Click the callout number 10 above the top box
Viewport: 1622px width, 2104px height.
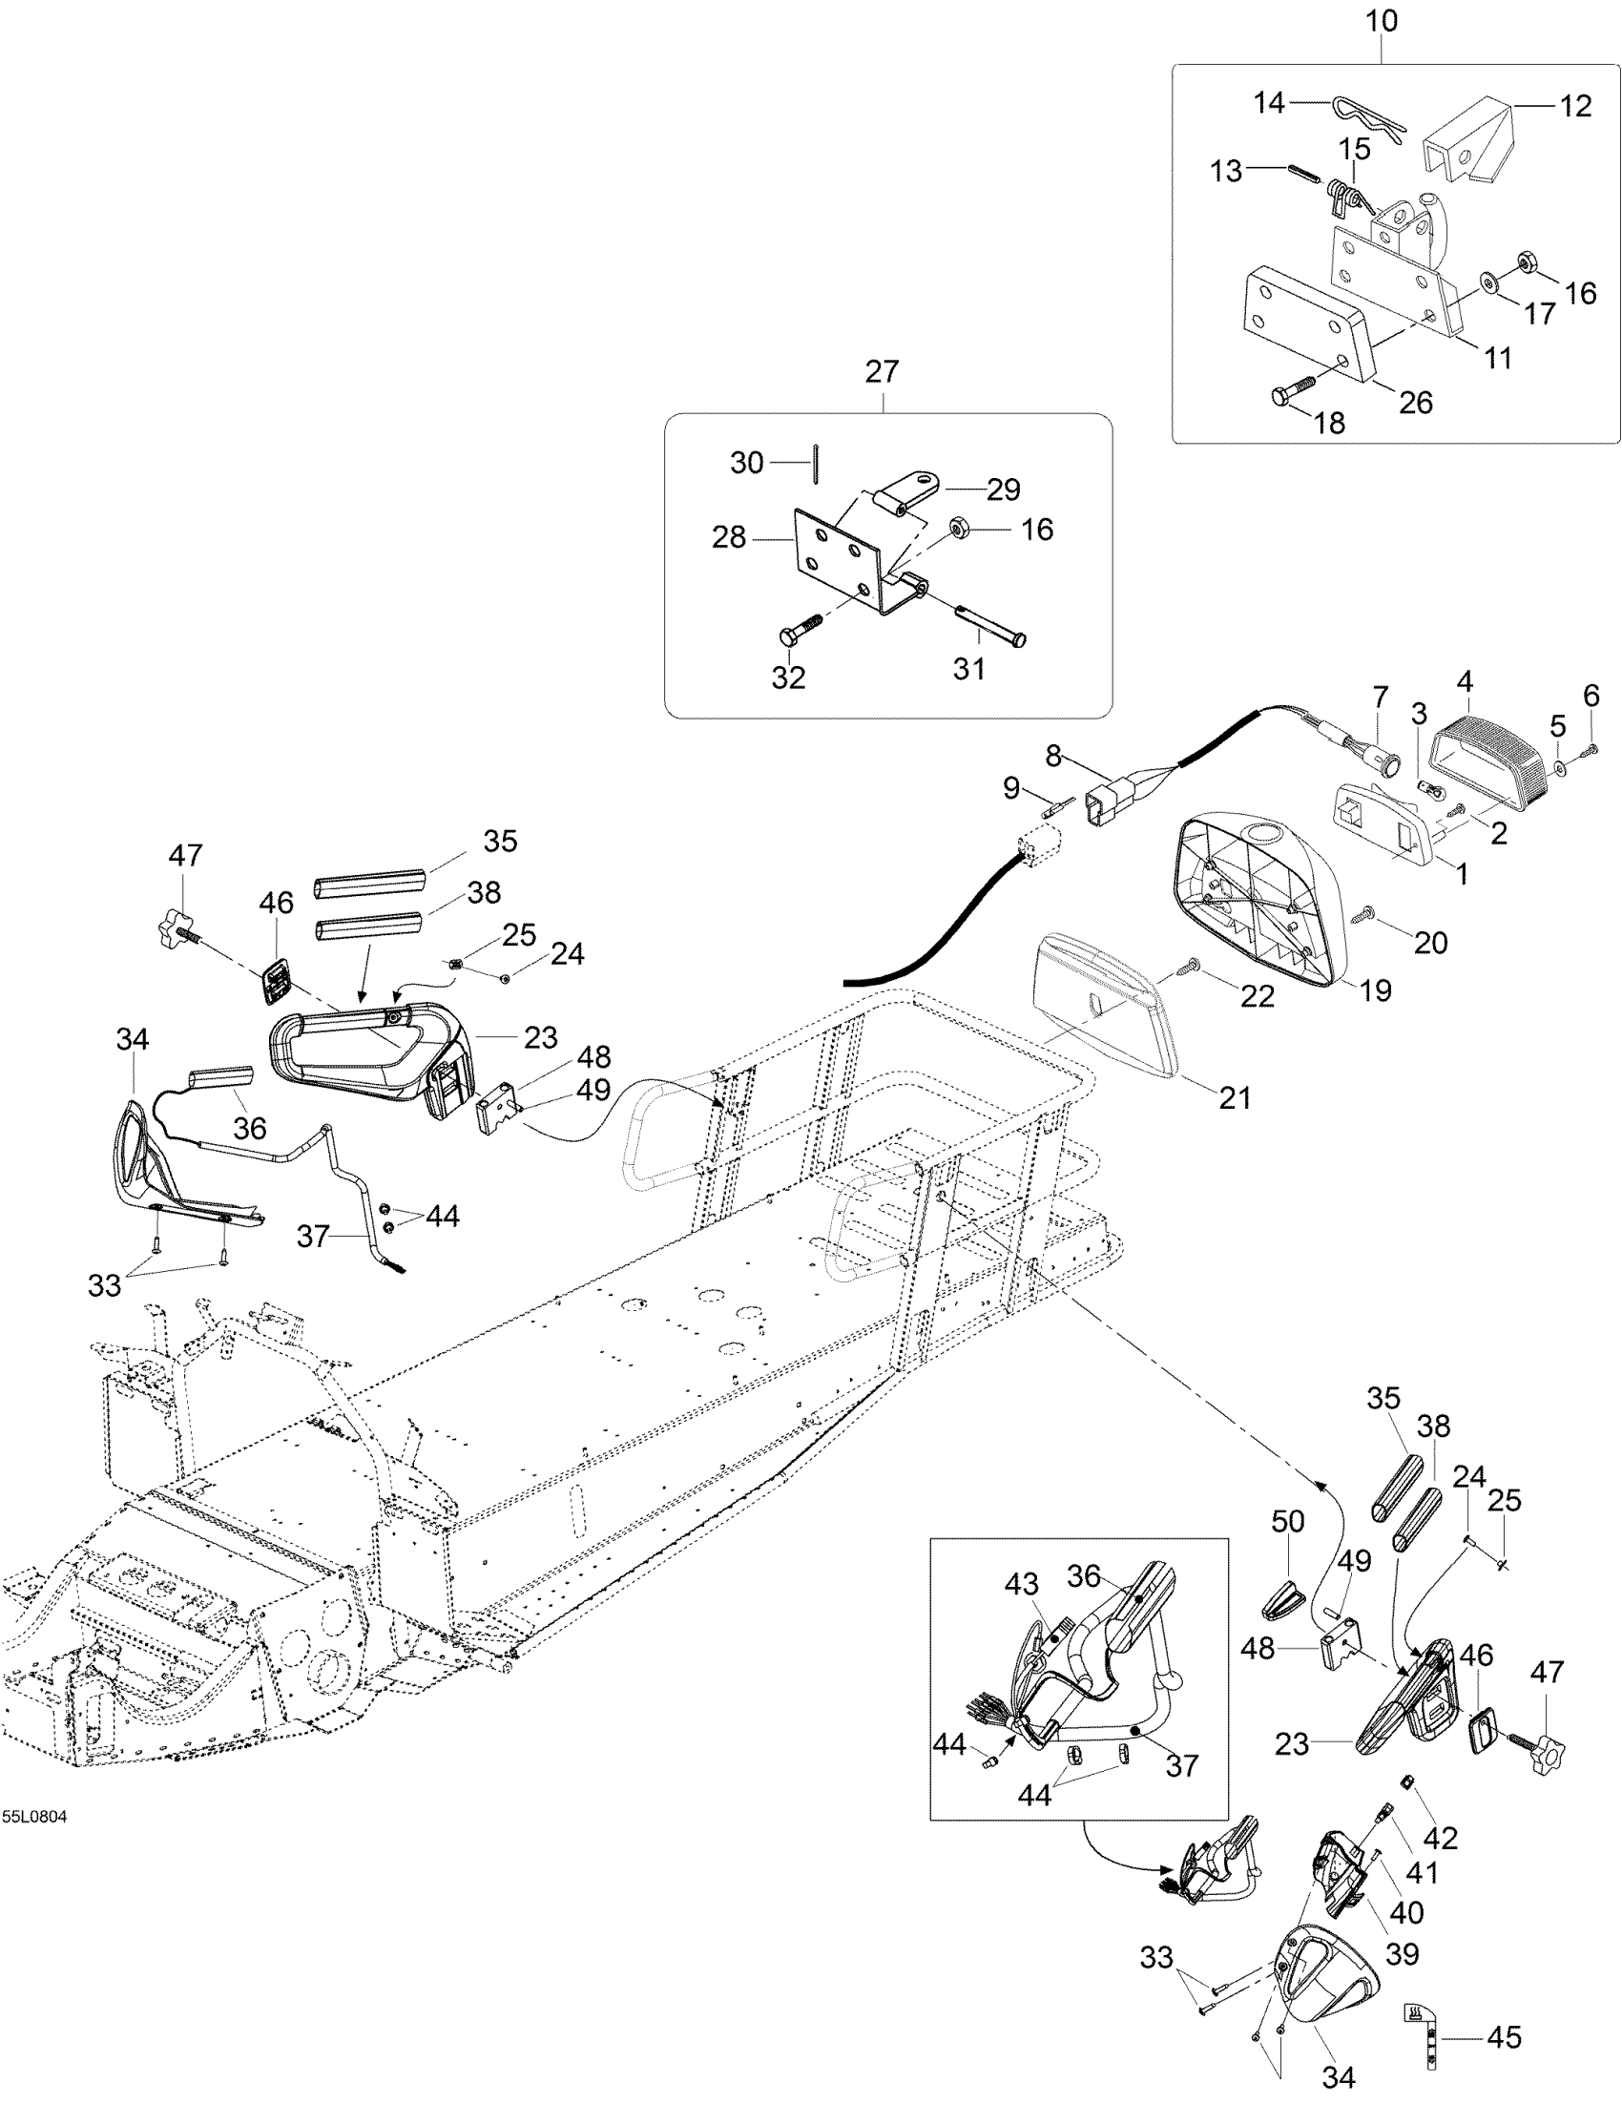(x=1382, y=21)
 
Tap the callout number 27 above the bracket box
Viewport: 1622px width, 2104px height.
(x=882, y=372)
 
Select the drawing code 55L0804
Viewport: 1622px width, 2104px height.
(x=33, y=1817)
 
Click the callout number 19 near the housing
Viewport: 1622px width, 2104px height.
(x=1375, y=990)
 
